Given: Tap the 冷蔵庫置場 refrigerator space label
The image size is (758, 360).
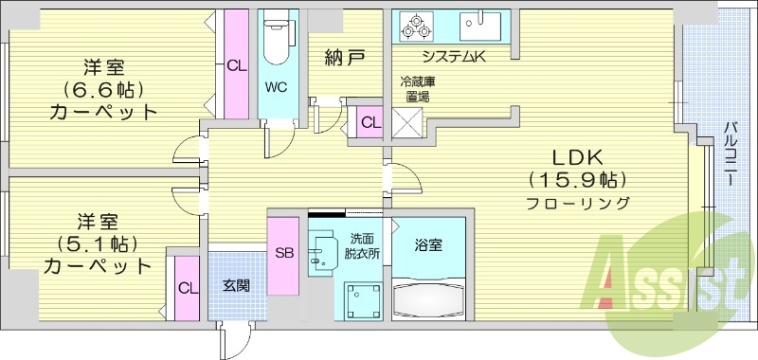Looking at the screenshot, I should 413,89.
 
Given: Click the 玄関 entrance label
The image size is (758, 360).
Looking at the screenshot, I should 236,285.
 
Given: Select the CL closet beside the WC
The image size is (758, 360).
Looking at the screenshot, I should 233,64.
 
